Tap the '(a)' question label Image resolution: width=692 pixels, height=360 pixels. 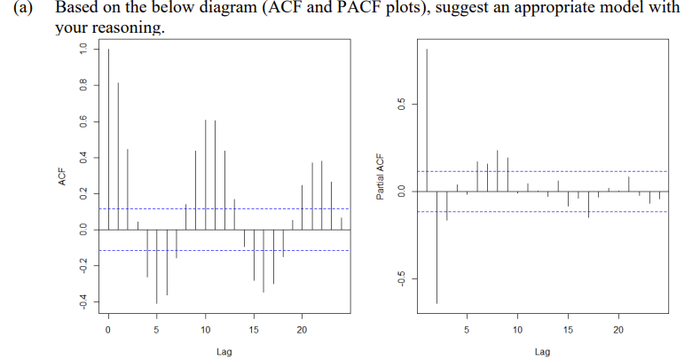(20, 10)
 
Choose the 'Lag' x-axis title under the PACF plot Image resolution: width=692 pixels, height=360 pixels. (542, 352)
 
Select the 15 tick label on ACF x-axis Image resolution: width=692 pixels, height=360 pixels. (254, 330)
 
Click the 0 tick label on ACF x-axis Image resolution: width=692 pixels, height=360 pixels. (108, 330)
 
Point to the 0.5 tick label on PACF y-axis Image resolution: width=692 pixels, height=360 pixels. (401, 104)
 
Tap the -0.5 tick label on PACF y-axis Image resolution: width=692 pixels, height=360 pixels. (401, 278)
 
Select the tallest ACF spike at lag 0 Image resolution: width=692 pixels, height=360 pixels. (108, 133)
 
